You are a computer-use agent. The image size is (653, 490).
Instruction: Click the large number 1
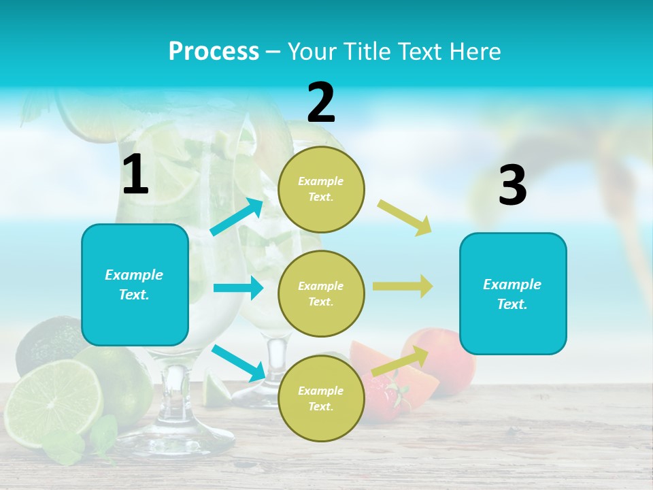click(135, 175)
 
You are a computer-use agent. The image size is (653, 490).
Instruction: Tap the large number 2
click(321, 103)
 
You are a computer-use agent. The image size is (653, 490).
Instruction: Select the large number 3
click(512, 186)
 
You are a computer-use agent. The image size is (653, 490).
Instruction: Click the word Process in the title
click(214, 51)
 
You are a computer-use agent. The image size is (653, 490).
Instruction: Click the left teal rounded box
click(135, 284)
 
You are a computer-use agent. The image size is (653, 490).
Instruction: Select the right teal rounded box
click(513, 293)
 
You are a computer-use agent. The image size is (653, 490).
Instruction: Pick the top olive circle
click(321, 189)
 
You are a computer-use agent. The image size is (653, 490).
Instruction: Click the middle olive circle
click(321, 293)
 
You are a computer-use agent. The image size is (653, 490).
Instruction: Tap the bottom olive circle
click(321, 398)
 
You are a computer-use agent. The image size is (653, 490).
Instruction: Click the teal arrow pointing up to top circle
click(237, 217)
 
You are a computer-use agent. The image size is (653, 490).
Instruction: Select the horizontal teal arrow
click(238, 288)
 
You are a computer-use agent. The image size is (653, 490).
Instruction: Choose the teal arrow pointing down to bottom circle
click(238, 363)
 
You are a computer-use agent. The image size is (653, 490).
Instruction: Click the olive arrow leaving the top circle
click(405, 217)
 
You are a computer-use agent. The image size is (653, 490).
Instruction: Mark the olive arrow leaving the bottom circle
click(400, 361)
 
